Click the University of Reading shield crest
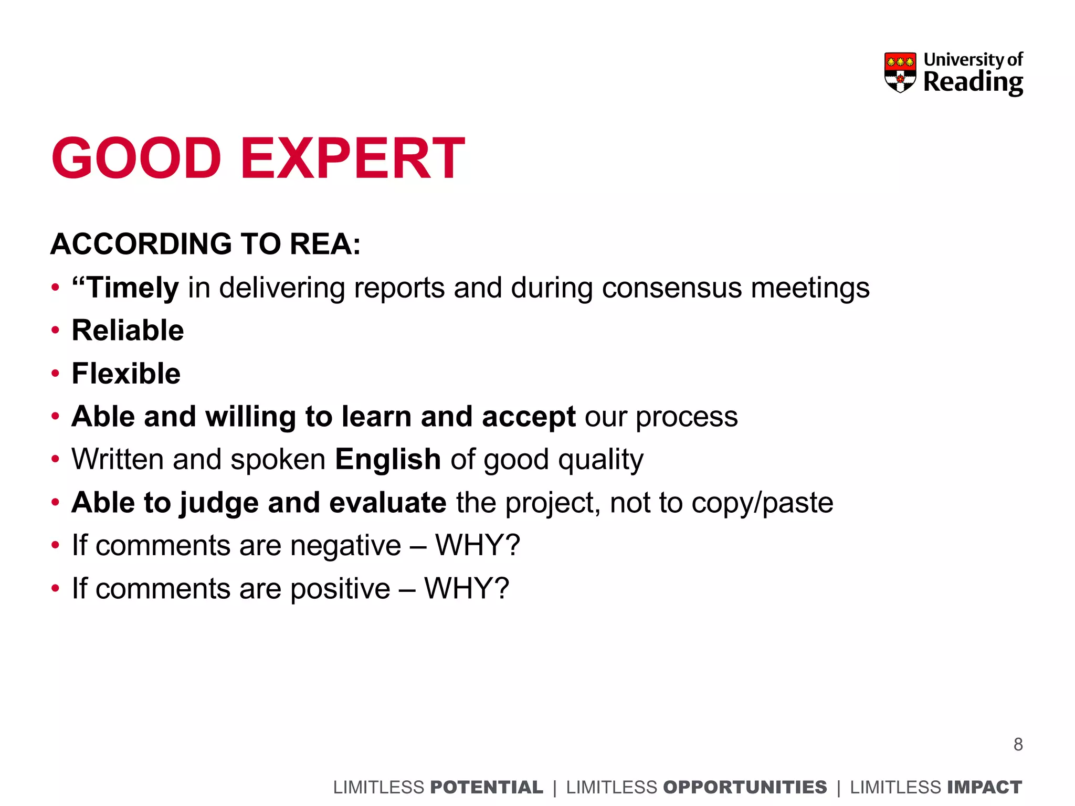(900, 72)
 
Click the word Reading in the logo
(973, 82)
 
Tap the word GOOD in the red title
(136, 158)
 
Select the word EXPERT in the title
(352, 158)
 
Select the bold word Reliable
(128, 331)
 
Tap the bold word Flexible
(126, 374)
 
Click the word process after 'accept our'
(687, 418)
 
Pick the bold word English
(388, 460)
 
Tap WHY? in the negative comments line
(478, 545)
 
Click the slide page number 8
(1018, 745)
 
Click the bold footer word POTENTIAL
(486, 788)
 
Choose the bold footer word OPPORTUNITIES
(745, 788)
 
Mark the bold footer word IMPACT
(984, 788)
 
